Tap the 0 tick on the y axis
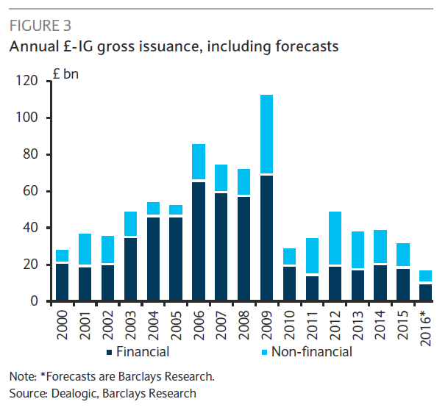[x=35, y=301]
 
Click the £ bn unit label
[x=66, y=74]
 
